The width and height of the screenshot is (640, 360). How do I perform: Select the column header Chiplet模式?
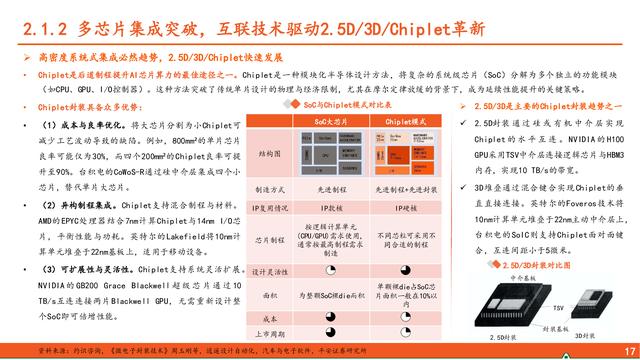pos(397,120)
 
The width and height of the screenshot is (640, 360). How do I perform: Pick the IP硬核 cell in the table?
pos(397,207)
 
